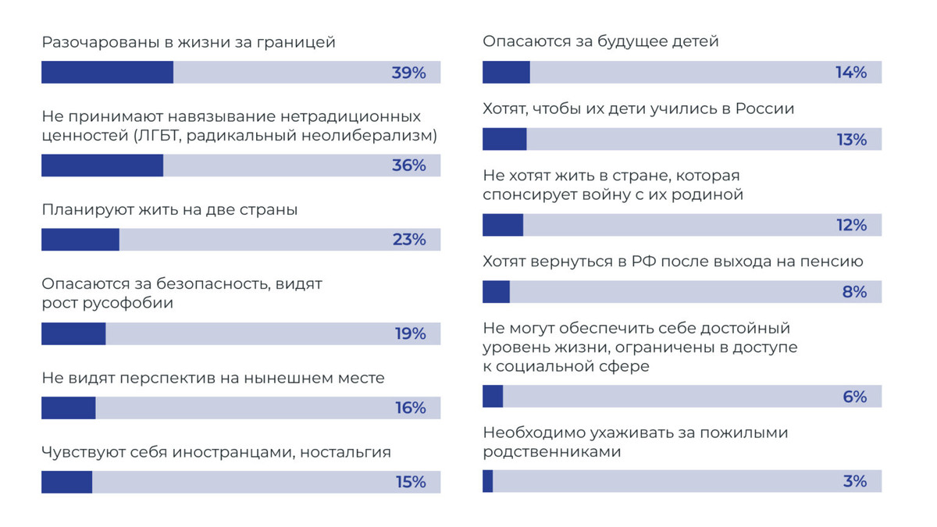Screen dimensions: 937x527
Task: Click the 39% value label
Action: click(408, 73)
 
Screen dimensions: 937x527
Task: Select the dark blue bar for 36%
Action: click(102, 166)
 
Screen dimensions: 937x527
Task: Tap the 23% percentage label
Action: click(409, 240)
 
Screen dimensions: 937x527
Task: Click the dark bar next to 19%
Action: click(73, 334)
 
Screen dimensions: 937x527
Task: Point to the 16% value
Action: click(411, 408)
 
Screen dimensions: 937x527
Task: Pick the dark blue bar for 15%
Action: click(66, 482)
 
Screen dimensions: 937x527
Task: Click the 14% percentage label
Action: click(851, 73)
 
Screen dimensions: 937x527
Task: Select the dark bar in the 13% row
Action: click(504, 139)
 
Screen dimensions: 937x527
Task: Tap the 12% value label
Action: click(852, 225)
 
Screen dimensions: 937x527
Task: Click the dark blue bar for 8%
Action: click(496, 291)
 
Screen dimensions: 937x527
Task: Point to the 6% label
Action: click(855, 397)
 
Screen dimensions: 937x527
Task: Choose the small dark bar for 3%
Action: click(488, 481)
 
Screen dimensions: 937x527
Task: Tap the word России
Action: click(764, 109)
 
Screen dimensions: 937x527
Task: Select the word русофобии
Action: click(128, 303)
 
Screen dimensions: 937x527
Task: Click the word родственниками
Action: click(552, 452)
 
